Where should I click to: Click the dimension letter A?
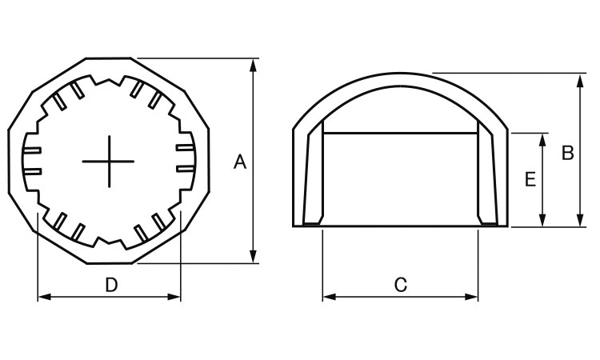(x=240, y=162)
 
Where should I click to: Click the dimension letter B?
(x=567, y=153)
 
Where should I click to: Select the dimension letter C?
(x=401, y=285)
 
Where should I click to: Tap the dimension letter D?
(x=111, y=285)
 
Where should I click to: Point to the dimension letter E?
(x=530, y=179)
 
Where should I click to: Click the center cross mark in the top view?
(x=109, y=162)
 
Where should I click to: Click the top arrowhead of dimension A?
(x=253, y=65)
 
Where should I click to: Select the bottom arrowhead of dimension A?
(x=253, y=256)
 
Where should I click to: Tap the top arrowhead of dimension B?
(x=581, y=81)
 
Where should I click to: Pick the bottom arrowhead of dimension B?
(x=581, y=219)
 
